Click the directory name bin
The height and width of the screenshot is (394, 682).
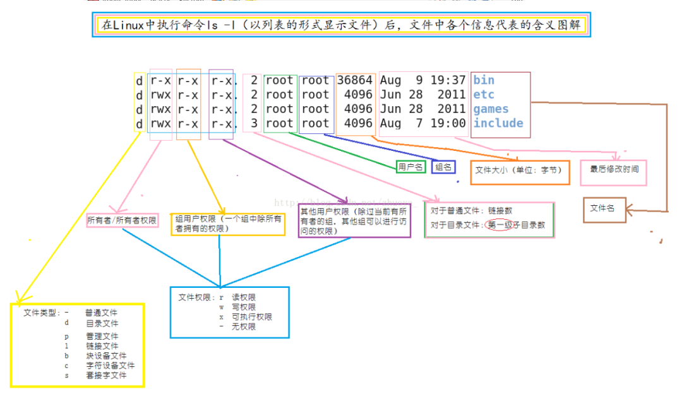484,80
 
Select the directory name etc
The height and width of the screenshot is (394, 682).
484,95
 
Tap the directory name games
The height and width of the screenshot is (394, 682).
491,109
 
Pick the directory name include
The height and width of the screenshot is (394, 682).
498,123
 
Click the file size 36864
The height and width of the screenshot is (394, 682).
355,80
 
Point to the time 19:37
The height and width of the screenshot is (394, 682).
449,80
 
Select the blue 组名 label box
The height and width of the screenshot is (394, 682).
443,167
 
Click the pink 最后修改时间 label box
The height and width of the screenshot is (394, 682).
613,170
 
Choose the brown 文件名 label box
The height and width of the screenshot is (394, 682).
604,208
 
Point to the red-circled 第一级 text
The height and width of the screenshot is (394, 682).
498,225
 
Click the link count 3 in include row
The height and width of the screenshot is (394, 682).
254,123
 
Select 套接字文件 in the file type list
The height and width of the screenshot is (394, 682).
105,375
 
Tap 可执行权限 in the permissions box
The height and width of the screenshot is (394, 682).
251,317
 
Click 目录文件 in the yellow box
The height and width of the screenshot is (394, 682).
102,323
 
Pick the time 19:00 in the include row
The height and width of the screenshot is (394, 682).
449,123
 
